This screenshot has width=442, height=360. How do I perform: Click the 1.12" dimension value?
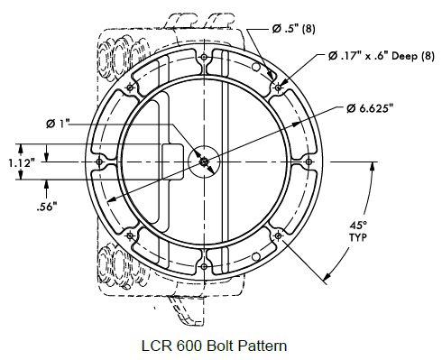(21, 162)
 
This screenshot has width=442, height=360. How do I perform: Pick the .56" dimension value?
(47, 206)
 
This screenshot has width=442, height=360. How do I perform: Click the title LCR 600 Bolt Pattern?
(219, 344)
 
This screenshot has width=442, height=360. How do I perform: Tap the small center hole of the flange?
(206, 162)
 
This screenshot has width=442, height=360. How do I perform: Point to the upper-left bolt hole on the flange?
(133, 89)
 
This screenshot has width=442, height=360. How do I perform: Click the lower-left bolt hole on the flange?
(133, 235)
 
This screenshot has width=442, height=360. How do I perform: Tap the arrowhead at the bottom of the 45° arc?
(324, 281)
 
